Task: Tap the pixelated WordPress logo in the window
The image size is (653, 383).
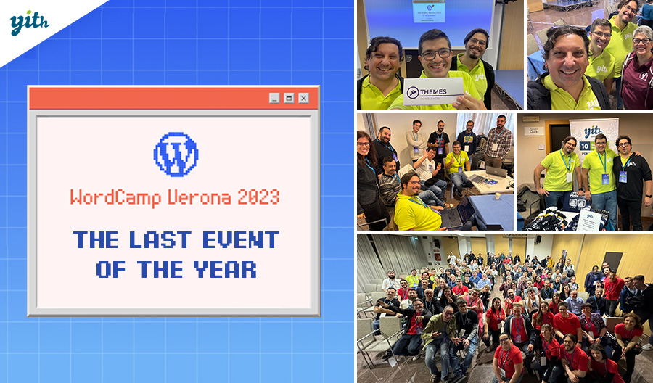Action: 176,154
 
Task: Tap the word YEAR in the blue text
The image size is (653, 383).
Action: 225,270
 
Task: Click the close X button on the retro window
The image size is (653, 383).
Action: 303,98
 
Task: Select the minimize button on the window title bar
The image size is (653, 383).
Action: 274,98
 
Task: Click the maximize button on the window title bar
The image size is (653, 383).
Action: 289,98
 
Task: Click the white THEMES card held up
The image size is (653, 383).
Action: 433,92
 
